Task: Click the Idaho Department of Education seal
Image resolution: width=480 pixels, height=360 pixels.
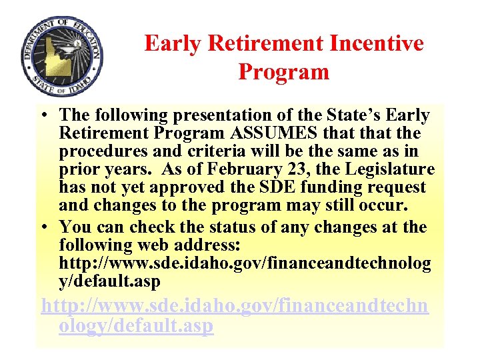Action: pyautogui.click(x=62, y=57)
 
